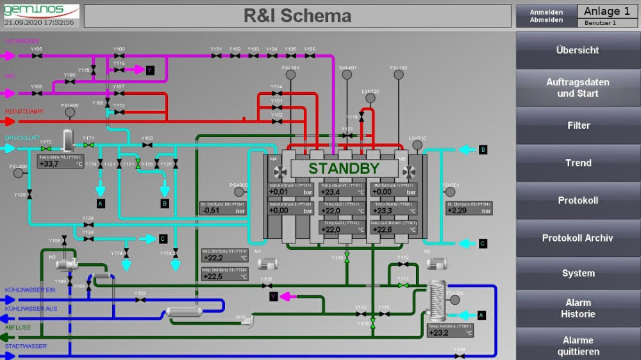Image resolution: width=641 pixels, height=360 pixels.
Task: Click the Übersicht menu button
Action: click(578, 50)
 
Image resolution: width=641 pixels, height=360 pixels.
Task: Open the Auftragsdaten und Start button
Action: click(578, 88)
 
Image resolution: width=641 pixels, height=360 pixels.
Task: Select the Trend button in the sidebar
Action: click(578, 163)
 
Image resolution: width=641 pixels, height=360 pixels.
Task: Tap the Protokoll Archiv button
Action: click(578, 238)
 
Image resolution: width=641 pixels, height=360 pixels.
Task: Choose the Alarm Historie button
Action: click(578, 308)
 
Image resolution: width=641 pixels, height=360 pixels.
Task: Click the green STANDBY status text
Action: click(344, 168)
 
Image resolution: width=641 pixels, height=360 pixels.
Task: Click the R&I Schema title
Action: click(297, 16)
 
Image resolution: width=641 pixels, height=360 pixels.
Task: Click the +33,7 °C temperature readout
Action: click(60, 163)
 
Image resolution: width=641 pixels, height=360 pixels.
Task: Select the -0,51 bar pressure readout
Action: click(223, 209)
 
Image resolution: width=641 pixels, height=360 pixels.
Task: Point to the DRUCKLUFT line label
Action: click(22, 138)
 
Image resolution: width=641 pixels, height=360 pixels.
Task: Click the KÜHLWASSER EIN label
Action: click(30, 290)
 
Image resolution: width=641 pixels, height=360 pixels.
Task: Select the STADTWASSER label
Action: click(26, 347)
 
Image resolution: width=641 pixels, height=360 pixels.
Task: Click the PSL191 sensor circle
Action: click(290, 75)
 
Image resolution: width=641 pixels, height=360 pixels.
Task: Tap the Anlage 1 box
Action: click(606, 11)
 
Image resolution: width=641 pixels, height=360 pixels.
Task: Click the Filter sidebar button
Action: click(578, 126)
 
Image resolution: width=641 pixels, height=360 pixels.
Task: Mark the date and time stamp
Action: click(39, 22)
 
